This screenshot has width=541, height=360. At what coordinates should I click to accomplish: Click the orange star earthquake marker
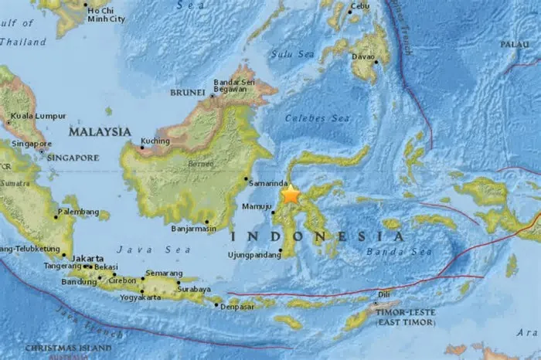coord(291,194)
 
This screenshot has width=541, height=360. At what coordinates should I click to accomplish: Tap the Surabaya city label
coord(194,289)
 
